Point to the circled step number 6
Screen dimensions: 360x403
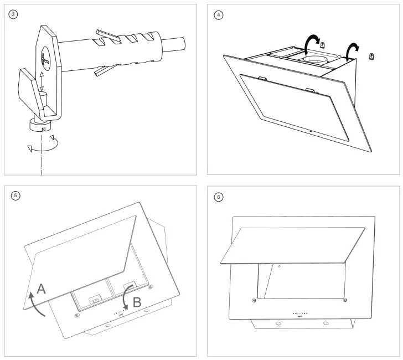tap(219, 196)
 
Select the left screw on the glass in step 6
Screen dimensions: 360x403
tap(254, 301)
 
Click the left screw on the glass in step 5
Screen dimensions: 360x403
tap(76, 316)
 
